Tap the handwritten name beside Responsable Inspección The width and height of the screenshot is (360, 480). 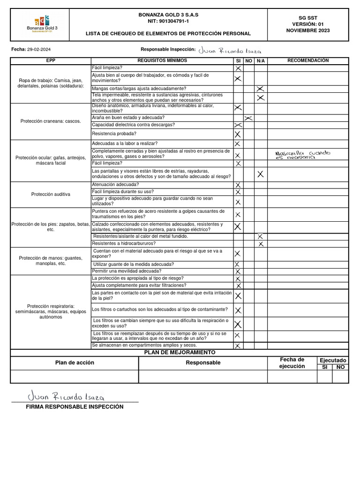coord(230,51)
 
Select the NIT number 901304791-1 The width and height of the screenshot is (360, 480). coord(168,22)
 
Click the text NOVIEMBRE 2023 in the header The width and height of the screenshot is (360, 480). coord(308,30)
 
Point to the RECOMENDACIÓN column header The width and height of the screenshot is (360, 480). coord(308,60)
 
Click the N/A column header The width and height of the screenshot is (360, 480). coord(261,61)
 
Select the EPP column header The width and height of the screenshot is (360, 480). coord(51,60)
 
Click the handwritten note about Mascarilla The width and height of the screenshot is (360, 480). coord(302,155)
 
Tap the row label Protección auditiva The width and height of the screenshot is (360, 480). coord(51,194)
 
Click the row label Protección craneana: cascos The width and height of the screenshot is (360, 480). coord(51,121)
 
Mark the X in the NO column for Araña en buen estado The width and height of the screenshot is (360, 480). coord(249,118)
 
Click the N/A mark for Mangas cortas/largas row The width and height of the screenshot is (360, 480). coord(261,89)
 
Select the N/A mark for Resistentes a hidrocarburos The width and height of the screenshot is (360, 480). coord(261,244)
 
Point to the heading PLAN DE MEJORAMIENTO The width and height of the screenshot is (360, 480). coord(180,352)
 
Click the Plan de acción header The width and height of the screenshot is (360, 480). coord(75,362)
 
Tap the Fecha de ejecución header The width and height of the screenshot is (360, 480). coord(292,363)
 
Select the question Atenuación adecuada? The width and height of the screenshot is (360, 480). coord(115,185)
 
